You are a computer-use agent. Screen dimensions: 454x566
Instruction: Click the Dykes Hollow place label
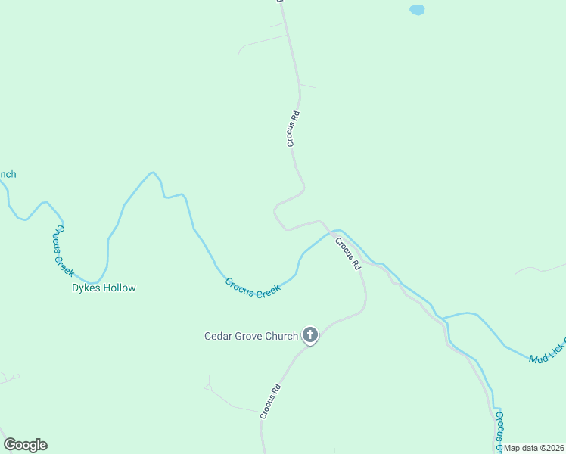coord(104,288)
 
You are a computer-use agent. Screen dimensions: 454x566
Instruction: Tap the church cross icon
coord(310,334)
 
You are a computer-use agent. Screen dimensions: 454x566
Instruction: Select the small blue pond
coord(417,10)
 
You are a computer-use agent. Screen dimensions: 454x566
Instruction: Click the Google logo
coord(25,445)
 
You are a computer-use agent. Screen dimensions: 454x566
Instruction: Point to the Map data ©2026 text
coord(534,448)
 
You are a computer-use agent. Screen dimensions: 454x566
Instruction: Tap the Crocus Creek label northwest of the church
coord(252,288)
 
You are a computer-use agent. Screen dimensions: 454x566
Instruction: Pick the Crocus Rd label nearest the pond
coord(294,128)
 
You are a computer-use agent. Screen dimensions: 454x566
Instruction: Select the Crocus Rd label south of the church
coord(270,401)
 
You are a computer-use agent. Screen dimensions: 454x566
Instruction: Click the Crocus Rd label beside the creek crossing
coord(346,254)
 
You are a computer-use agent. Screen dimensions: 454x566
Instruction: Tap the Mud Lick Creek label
coord(546,349)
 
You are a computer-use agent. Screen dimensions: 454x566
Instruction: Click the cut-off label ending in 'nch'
coord(8,174)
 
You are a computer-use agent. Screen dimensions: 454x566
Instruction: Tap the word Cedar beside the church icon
coord(218,336)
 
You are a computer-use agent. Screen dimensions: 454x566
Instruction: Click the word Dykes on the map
coord(85,288)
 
